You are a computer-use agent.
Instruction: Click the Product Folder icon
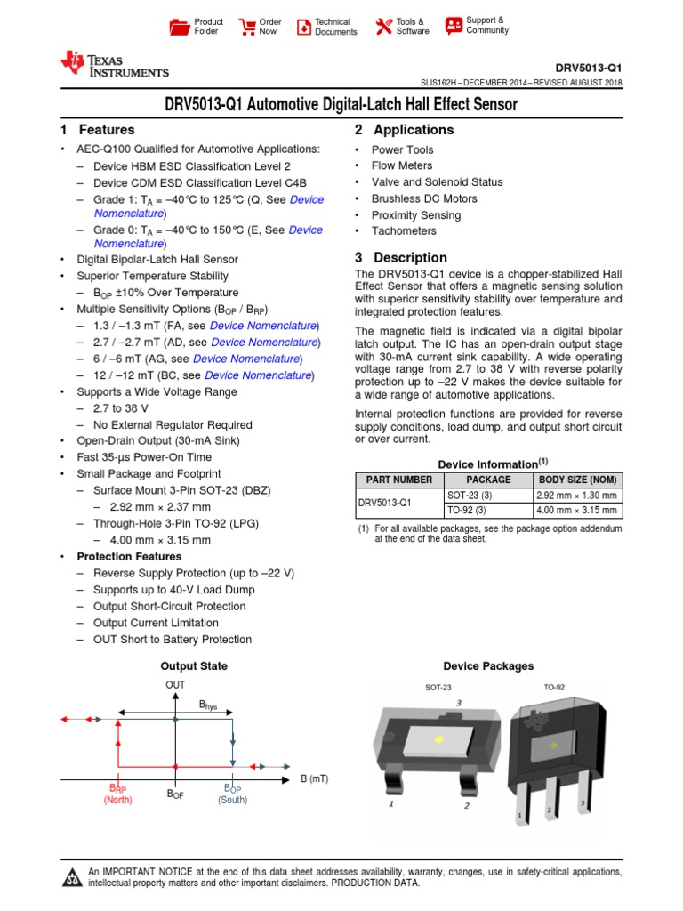pos(180,27)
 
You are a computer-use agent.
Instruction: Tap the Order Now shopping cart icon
pos(246,27)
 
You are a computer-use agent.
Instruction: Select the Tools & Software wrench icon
pos(384,27)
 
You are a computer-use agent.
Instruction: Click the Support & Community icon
pos(454,25)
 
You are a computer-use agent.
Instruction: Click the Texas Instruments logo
pos(114,64)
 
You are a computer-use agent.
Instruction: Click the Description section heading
pos(397,257)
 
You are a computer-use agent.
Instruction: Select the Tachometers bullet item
pos(404,231)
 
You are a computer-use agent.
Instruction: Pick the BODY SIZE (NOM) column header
pos(578,480)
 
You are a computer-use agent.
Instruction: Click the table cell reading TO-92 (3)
pos(467,511)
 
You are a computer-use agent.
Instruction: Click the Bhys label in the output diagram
pos(208,705)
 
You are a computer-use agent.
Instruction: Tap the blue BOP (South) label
pos(233,794)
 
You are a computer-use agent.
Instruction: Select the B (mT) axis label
pos(313,778)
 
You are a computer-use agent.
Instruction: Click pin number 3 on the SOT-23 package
pos(459,702)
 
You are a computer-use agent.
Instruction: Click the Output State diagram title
pos(193,665)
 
